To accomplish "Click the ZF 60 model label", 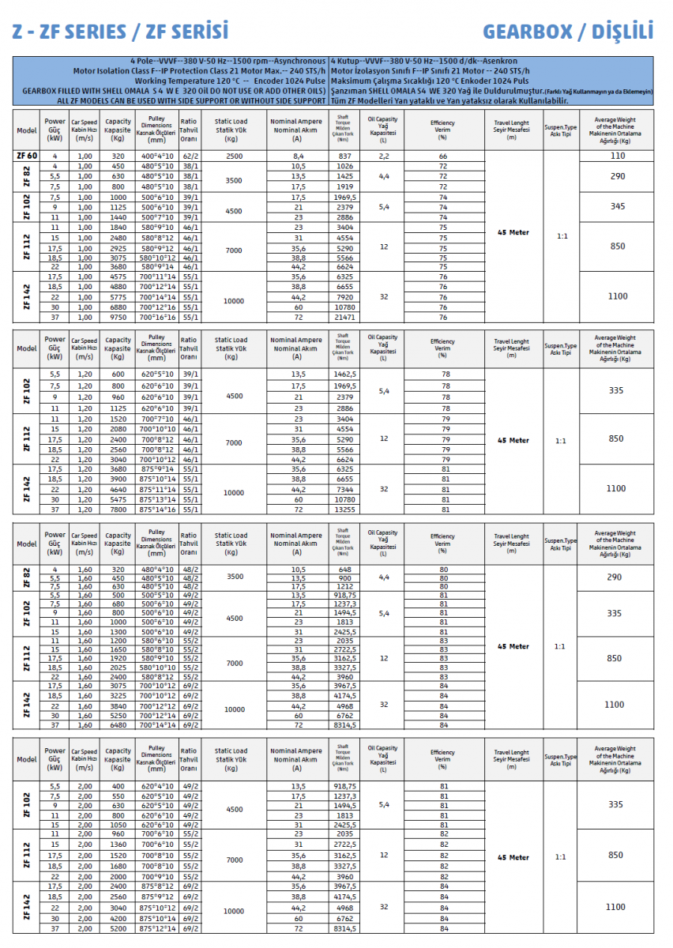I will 26,156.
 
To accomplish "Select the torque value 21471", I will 345,317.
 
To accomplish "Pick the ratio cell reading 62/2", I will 190,156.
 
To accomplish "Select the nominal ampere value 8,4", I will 298,156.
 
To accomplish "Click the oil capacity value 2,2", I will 383,156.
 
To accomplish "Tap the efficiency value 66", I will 443,156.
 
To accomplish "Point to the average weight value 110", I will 617,156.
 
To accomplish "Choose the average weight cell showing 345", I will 617,206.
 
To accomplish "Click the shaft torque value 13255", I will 345,510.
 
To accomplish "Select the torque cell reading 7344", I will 345,490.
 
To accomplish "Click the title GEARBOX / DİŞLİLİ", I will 568,32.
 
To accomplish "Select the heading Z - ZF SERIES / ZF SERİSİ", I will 120,32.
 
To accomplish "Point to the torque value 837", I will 345,156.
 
